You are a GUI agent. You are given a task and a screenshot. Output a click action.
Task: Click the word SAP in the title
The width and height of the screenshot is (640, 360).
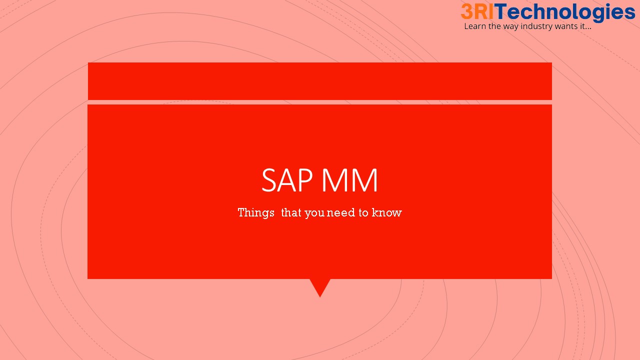[x=287, y=180]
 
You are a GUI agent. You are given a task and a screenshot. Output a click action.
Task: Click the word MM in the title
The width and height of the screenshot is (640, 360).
[x=350, y=180]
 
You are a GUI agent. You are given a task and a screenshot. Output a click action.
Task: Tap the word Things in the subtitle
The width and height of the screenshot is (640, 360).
[x=256, y=213]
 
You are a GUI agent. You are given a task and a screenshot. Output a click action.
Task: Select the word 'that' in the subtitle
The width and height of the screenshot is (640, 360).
[x=291, y=213]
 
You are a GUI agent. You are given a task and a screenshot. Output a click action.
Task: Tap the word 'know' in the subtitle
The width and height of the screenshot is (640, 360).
[x=387, y=213]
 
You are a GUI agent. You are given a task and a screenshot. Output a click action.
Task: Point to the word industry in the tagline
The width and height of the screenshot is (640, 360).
[x=536, y=27]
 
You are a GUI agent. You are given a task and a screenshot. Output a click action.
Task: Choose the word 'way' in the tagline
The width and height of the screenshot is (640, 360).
[x=511, y=27]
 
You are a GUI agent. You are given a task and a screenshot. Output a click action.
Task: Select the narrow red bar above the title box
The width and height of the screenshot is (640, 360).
[x=320, y=81]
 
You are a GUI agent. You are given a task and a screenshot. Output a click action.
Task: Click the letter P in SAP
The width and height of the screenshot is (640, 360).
[x=305, y=180]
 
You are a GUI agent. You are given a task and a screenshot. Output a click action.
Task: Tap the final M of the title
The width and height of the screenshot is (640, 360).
[x=365, y=180]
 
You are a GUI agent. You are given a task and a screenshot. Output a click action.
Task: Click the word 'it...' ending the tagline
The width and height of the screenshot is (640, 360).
[x=585, y=26]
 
